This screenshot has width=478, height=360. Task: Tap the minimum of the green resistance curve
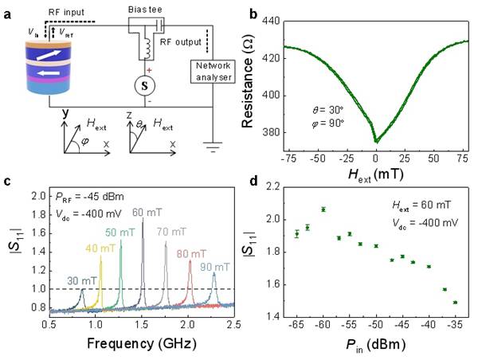[377, 141]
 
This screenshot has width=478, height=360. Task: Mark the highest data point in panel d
[323, 209]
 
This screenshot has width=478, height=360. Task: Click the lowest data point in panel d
[455, 302]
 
